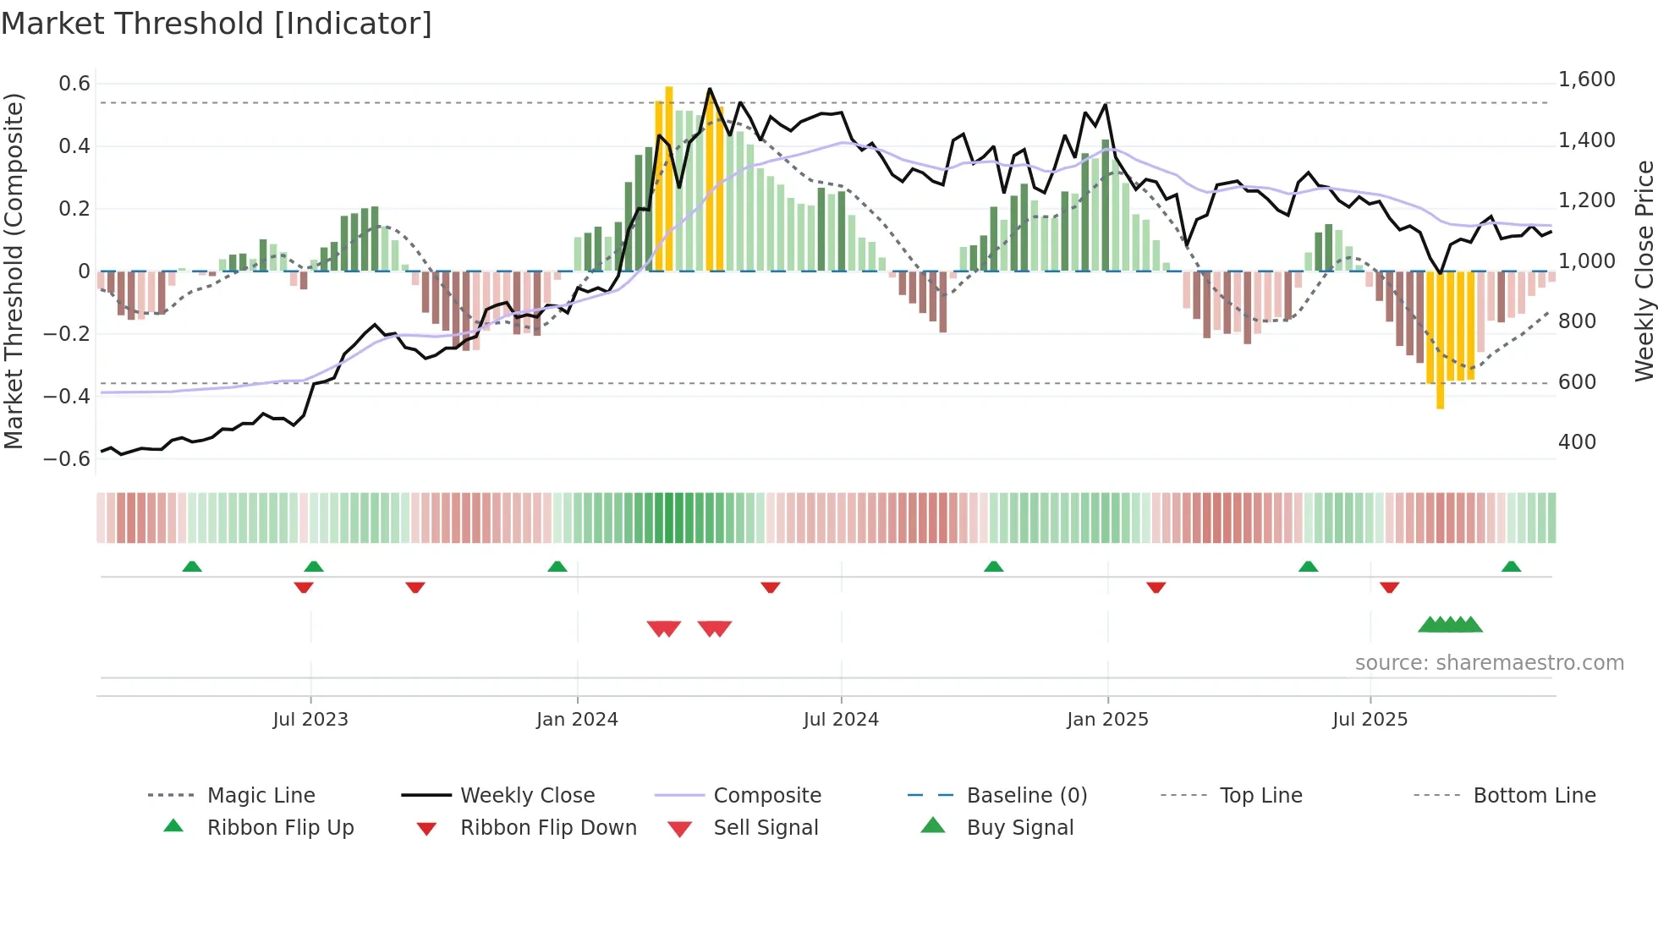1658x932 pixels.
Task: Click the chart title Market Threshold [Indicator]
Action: tap(217, 24)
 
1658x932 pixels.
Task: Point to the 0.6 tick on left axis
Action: tap(74, 84)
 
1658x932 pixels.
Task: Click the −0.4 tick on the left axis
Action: tap(67, 396)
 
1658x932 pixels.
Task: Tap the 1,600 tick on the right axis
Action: tap(1586, 79)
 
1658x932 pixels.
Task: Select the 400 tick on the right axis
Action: tap(1577, 442)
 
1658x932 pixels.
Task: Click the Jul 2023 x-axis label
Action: tap(310, 720)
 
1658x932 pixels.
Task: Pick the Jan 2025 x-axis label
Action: tap(1107, 720)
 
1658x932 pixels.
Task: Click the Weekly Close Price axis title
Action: tap(1644, 271)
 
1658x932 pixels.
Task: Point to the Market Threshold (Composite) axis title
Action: tap(14, 271)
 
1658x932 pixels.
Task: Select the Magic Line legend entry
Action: tap(261, 796)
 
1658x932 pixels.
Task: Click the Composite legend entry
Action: tap(766, 796)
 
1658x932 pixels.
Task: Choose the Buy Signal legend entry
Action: tap(1019, 828)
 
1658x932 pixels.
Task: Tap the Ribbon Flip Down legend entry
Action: tap(547, 828)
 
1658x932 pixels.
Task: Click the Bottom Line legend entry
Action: tap(1534, 796)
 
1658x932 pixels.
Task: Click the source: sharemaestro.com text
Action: tap(1489, 663)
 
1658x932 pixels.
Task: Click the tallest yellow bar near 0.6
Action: tap(669, 178)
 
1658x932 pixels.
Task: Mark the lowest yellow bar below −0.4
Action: tap(1440, 338)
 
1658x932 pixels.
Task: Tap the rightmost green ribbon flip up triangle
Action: tap(1511, 567)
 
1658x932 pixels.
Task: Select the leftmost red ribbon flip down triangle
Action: tap(304, 587)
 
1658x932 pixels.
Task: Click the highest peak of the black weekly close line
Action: tap(710, 89)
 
